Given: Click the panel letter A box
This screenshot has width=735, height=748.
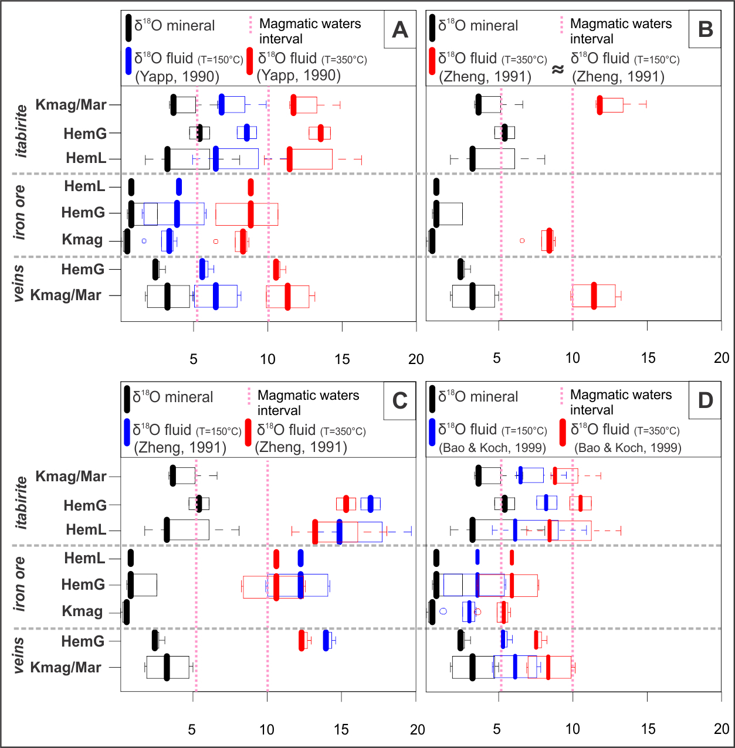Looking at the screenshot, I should [399, 29].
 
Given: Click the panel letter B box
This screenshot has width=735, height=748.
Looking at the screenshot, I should [705, 29].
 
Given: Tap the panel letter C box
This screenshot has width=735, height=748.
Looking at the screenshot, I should [399, 401].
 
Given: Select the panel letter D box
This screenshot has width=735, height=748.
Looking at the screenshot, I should [705, 401].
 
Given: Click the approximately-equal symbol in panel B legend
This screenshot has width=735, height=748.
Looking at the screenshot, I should [558, 69].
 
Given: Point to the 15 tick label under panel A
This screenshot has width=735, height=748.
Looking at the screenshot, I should [342, 359].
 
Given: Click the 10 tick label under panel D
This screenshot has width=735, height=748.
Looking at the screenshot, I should [573, 729].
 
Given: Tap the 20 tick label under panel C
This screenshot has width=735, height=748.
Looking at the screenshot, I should [417, 729].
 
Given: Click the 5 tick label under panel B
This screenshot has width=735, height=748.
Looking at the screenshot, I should [497, 358].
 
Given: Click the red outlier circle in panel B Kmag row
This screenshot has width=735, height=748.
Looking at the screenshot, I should [522, 240].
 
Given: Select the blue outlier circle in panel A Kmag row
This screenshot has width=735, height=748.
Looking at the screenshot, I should [144, 241].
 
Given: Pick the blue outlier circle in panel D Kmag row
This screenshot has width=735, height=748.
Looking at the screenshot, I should [443, 611].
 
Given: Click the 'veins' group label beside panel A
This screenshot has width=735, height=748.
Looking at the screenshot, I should [19, 283].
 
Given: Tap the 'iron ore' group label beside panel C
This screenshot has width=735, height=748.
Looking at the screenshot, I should [19, 583].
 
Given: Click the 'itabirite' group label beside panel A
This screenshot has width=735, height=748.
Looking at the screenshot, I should [21, 131].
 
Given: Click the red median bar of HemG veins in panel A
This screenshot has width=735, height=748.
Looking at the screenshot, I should [276, 269].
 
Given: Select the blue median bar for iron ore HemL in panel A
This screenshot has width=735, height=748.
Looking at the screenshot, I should [179, 187].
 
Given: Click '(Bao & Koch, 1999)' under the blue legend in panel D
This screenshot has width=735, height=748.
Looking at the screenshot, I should [492, 448].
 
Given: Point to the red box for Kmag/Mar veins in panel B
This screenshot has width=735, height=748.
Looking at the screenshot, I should [594, 295].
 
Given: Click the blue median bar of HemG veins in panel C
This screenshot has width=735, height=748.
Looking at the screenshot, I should [326, 641].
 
